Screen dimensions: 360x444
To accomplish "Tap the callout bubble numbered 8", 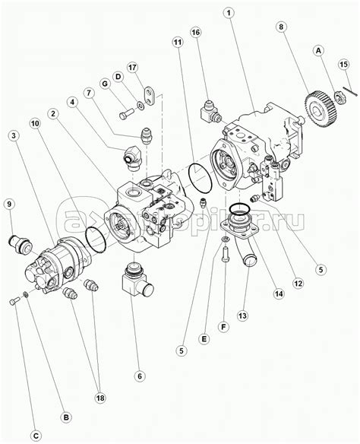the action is point(281,27).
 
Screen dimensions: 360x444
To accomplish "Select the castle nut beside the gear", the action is point(338,97).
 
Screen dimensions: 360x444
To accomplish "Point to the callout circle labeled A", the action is point(319,51).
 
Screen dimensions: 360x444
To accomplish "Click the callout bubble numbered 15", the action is point(343,65).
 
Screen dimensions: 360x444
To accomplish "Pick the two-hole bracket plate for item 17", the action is point(149,96).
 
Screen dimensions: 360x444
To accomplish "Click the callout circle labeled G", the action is point(106,84).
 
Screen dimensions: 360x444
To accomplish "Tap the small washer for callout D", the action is point(141,106).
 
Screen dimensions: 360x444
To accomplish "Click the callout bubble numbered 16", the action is point(195,32).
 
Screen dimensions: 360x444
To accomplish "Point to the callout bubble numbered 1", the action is point(229,13).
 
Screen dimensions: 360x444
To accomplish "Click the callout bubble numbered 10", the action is point(36,123).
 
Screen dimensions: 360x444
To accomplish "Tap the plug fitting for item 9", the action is point(21,243).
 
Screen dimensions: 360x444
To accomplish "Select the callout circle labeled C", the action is point(36,435).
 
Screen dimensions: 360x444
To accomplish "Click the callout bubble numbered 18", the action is point(100,398).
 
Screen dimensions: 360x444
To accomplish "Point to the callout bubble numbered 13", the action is point(242,316).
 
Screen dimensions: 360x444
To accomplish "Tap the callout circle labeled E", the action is point(204,338).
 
